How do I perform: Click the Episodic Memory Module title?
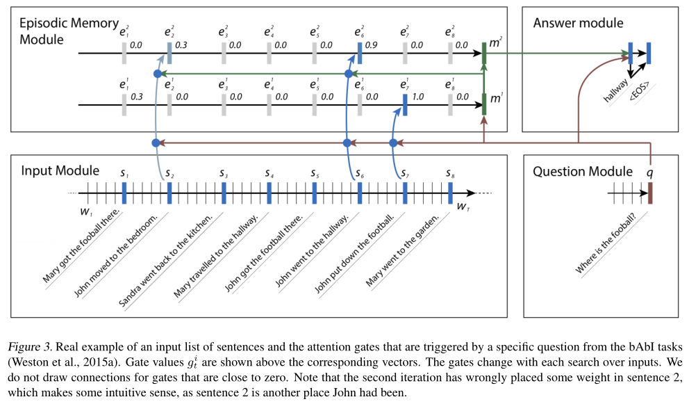coord(69,31)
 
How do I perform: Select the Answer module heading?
coord(578,23)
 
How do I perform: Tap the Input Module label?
coord(60,171)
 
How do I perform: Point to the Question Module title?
coord(583,171)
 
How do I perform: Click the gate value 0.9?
coord(372,45)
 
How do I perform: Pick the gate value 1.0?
coord(417,97)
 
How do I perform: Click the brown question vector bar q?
coord(650,193)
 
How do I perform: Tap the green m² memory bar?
coord(484,53)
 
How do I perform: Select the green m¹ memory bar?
coord(484,104)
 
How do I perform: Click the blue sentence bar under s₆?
coord(360,193)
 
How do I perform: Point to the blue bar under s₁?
coord(124,193)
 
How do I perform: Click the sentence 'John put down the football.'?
coord(354,254)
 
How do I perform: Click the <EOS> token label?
coord(640,90)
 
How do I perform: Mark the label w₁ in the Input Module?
coord(86,212)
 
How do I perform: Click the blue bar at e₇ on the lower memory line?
coord(405,104)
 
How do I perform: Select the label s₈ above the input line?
coord(450,173)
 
